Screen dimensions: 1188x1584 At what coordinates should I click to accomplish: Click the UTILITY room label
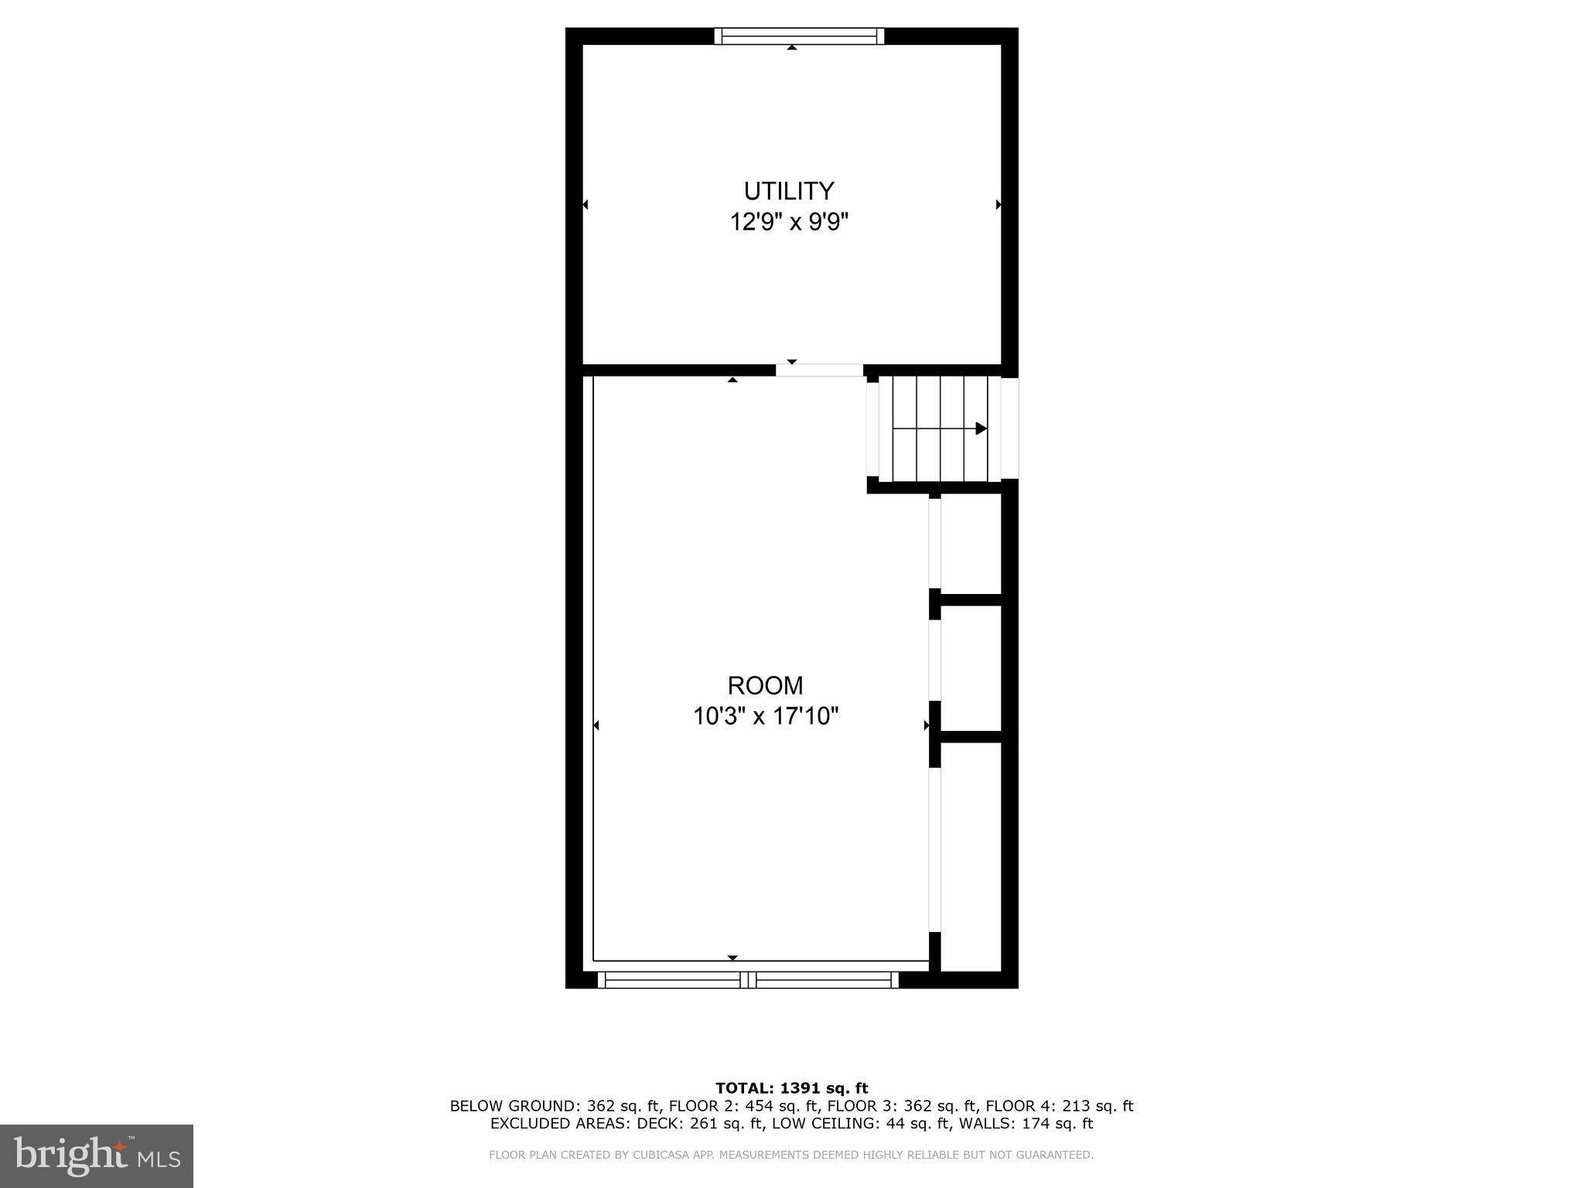(789, 191)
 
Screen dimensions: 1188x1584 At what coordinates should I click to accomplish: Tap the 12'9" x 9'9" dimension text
(789, 223)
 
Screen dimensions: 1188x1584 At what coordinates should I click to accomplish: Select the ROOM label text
(765, 685)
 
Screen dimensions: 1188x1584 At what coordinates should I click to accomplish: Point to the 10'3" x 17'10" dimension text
(765, 717)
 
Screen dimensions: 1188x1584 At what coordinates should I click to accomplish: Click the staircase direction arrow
(980, 428)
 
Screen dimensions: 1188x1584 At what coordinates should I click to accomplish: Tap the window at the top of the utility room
(798, 36)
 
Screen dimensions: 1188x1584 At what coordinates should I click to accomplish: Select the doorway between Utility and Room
(819, 370)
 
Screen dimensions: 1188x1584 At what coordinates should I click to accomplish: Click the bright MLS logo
(97, 1156)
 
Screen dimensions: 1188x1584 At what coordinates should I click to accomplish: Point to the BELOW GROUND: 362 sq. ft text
(554, 1107)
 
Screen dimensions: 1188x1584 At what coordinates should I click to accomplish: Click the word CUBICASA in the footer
(661, 1156)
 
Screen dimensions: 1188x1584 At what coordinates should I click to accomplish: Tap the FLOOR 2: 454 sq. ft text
(731, 1107)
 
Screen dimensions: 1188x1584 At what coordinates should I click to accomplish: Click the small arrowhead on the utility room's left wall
(585, 205)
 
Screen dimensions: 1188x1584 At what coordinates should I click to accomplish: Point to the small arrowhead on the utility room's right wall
(999, 205)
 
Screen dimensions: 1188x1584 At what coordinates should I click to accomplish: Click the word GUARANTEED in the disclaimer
(1056, 1156)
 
